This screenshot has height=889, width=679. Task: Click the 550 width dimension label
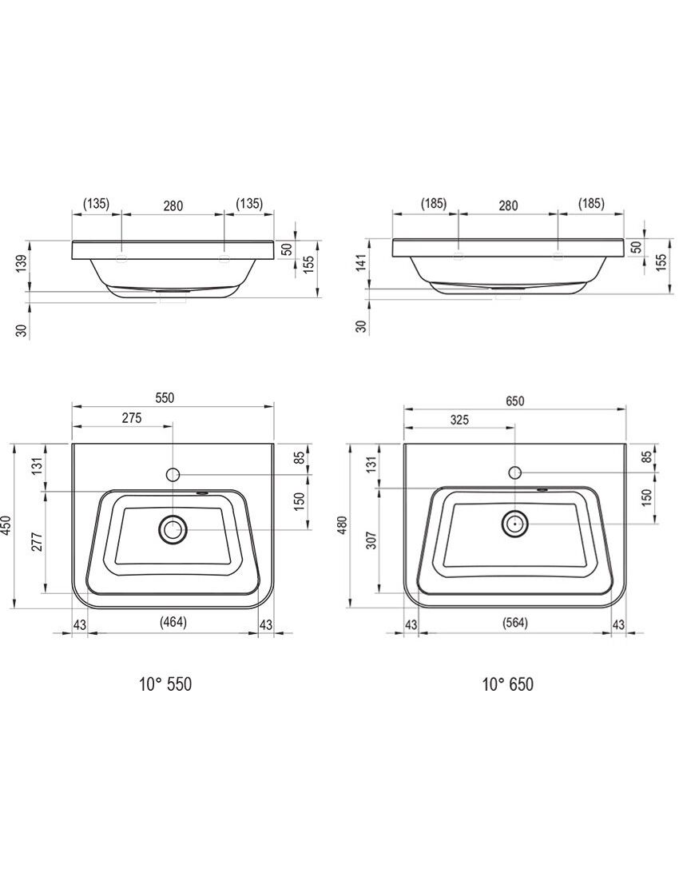(165, 398)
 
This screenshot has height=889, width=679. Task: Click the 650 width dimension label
(514, 401)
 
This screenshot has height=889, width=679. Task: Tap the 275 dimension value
(131, 418)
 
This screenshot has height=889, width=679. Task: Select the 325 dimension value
(459, 420)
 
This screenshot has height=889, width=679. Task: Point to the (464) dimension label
(173, 622)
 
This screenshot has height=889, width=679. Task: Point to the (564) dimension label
(515, 623)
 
